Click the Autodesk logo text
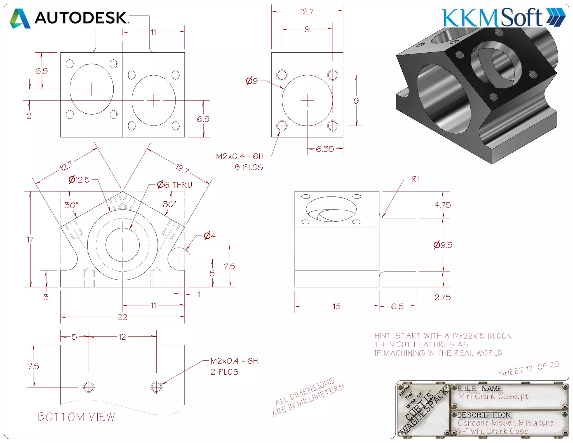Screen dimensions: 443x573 [x=81, y=18]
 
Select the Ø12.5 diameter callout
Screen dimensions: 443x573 [x=79, y=179]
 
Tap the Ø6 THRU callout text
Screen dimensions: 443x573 [x=175, y=185]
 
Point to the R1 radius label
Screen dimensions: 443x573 [x=416, y=179]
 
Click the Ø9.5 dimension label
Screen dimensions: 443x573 [x=443, y=245]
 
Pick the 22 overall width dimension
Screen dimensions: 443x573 [x=122, y=317]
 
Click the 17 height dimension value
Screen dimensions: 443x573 [x=30, y=240]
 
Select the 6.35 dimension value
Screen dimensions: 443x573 [x=325, y=149]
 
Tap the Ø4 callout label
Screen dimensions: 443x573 [x=210, y=236]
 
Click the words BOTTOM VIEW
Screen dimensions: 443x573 [x=76, y=417]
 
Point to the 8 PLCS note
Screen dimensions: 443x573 [x=248, y=167]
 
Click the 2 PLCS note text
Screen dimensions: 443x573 [x=224, y=372]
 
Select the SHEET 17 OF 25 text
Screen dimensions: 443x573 [x=529, y=369]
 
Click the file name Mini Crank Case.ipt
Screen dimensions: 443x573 [x=493, y=396]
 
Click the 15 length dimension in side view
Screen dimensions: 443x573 [x=337, y=306]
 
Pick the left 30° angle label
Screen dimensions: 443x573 [x=71, y=205]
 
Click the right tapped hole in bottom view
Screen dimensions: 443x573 [x=156, y=387]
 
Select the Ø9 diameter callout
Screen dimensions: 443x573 [x=252, y=81]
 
